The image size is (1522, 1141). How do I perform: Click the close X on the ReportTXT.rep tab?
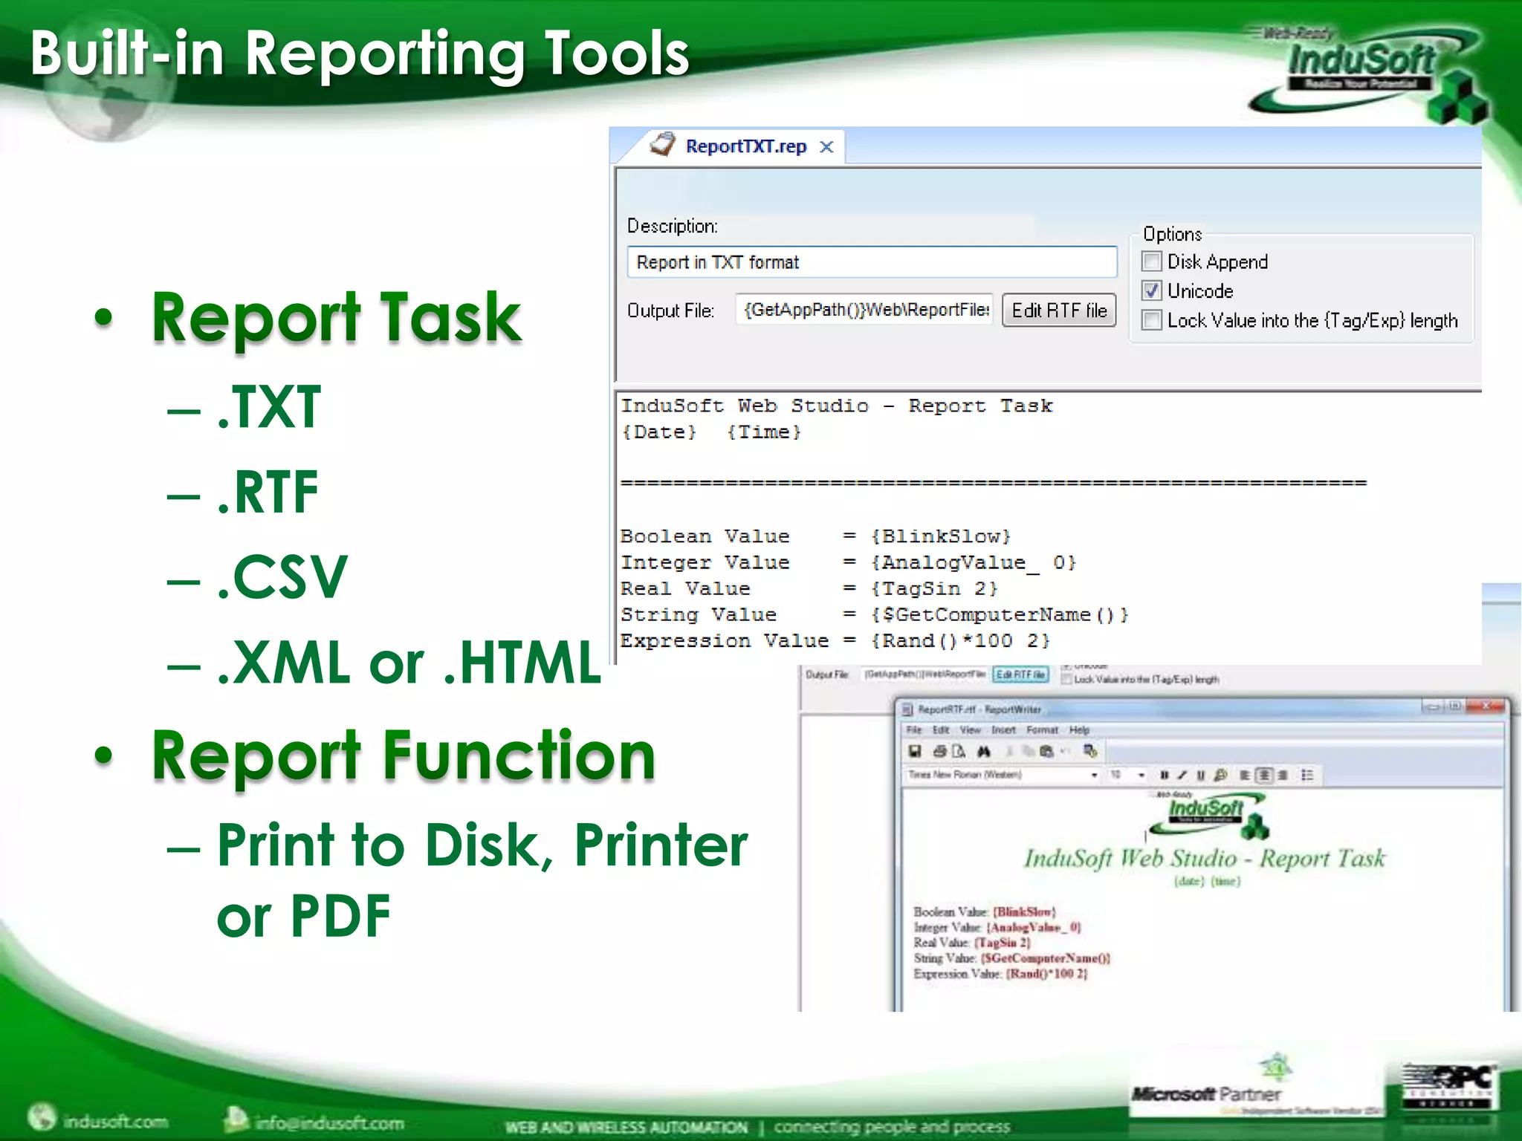click(x=826, y=147)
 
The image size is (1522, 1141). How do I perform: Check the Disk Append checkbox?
click(x=1151, y=261)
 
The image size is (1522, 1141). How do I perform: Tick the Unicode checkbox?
click(x=1151, y=290)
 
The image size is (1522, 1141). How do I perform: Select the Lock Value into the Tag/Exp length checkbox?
click(x=1151, y=320)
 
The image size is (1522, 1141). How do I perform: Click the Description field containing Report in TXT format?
click(x=871, y=262)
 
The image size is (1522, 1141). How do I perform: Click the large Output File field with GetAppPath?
click(x=865, y=310)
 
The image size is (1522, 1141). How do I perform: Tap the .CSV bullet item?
click(x=282, y=577)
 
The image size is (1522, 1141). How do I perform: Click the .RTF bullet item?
click(x=268, y=493)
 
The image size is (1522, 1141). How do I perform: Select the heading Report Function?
click(x=404, y=755)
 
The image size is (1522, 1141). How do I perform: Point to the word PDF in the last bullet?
click(x=340, y=916)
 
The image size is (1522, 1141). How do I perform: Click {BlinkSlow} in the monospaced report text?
click(x=941, y=536)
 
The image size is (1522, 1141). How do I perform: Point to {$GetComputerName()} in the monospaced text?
click(x=1000, y=615)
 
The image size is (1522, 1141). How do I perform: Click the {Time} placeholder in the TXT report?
click(x=764, y=432)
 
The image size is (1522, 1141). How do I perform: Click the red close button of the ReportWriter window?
click(x=1487, y=706)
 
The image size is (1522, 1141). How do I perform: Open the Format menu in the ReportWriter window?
click(x=1042, y=730)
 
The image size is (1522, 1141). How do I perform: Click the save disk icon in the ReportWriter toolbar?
click(x=916, y=752)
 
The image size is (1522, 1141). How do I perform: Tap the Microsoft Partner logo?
click(x=1207, y=1094)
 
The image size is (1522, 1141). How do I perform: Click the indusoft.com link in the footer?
click(x=115, y=1121)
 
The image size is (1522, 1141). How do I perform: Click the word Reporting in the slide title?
click(x=385, y=53)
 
